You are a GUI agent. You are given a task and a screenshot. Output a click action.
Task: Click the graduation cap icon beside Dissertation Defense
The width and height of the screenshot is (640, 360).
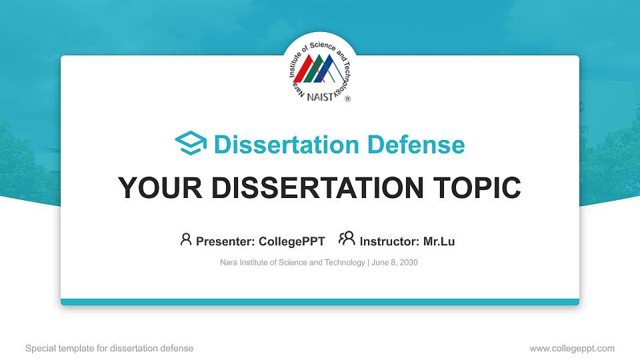click(191, 144)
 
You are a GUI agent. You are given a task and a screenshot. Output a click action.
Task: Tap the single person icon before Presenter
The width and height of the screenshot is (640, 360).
click(186, 239)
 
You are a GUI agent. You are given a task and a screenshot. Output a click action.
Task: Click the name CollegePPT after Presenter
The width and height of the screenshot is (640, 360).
click(293, 241)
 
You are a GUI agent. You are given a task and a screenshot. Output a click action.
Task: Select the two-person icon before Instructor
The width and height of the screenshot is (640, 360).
click(347, 239)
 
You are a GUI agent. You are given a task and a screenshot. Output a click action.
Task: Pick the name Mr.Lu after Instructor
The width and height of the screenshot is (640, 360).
click(439, 241)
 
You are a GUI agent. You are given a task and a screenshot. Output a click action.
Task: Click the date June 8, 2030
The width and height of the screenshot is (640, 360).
click(395, 263)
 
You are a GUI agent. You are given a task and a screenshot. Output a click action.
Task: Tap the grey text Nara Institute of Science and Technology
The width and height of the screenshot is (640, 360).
click(292, 263)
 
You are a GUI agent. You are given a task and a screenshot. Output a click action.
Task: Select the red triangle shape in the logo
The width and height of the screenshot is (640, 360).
click(305, 71)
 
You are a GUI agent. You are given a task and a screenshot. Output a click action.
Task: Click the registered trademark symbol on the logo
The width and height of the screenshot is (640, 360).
click(347, 98)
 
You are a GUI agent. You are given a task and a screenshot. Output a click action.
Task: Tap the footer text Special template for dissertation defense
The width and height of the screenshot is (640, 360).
click(109, 348)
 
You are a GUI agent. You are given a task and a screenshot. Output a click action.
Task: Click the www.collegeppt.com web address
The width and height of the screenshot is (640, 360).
click(572, 348)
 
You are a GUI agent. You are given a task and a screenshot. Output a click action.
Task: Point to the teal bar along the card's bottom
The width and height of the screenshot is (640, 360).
click(320, 302)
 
